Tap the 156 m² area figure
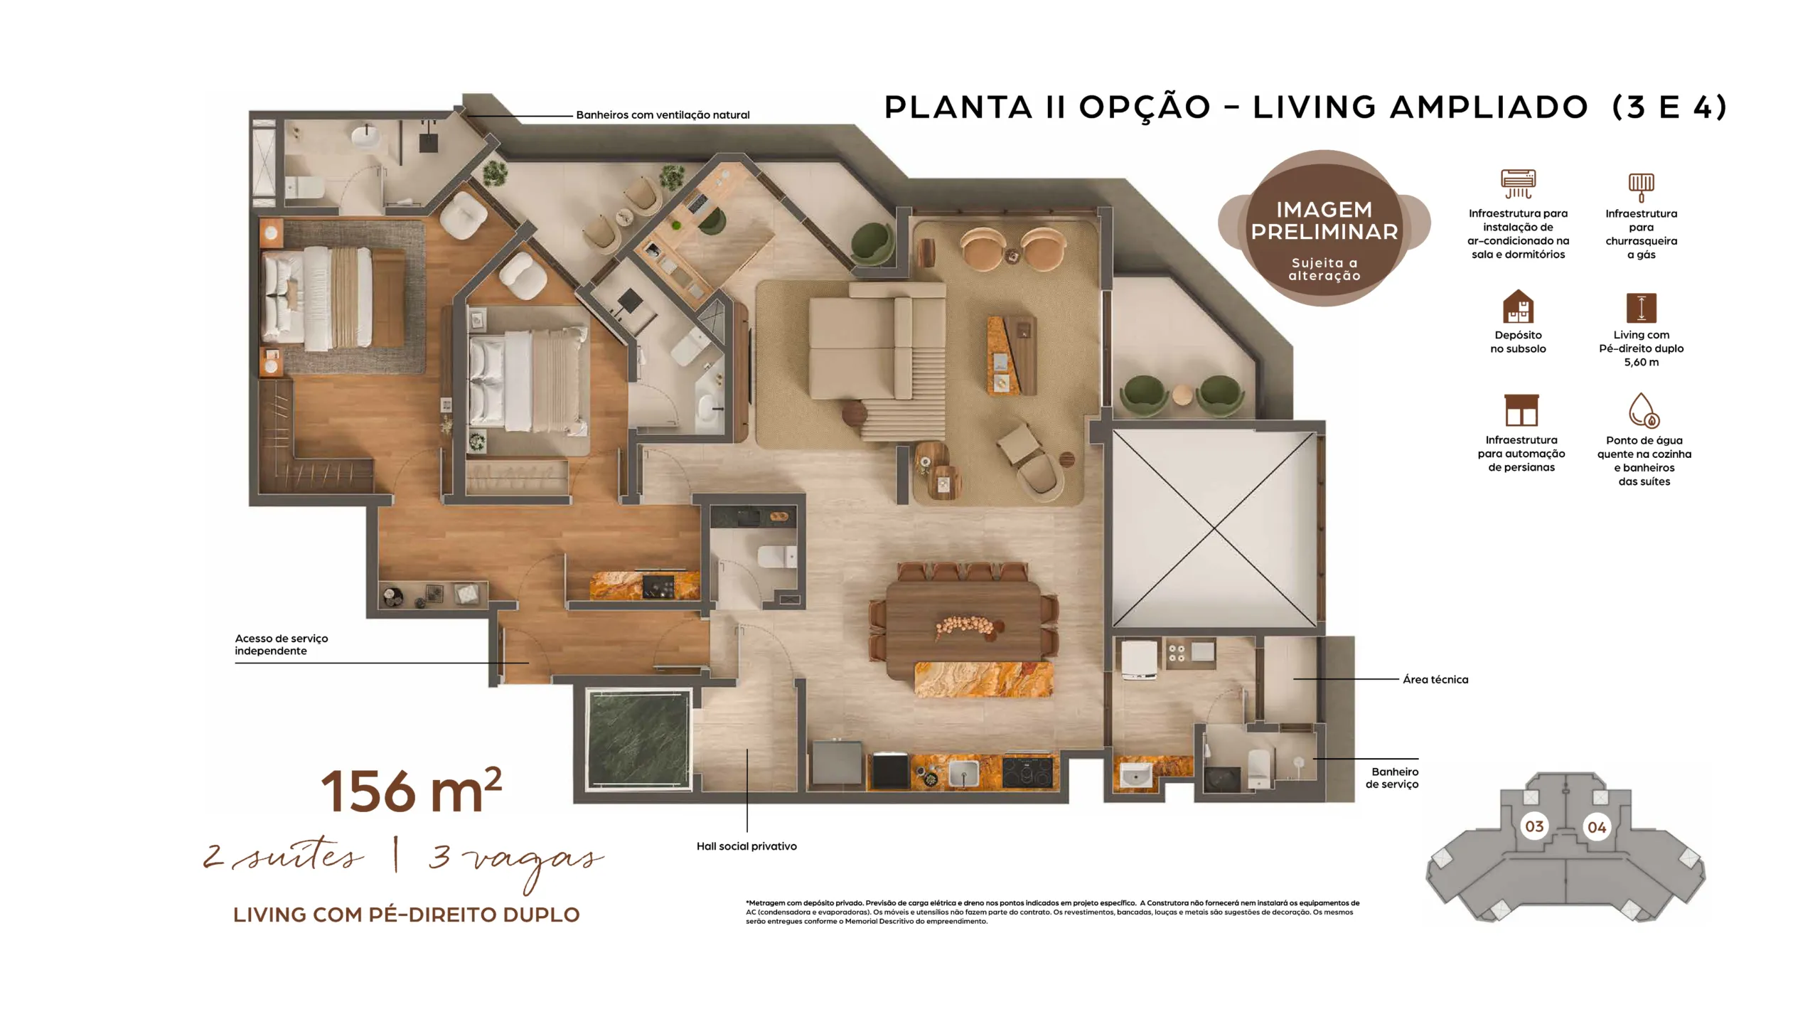pos(412,790)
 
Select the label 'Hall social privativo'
pos(746,846)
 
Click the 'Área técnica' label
pos(1435,679)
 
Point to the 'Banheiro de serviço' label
pos(1391,777)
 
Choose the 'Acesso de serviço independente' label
pos(282,644)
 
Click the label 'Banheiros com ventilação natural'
pos(663,114)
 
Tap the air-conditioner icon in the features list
pos(1518,184)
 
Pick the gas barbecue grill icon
pos(1641,187)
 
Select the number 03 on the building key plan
pos(1534,826)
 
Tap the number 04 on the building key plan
pos(1597,827)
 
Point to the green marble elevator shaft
pos(638,739)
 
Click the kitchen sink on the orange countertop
pos(963,772)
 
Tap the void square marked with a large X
pos(1214,530)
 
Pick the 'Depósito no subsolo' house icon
pos(1518,306)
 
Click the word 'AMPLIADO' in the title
pos(1489,107)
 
